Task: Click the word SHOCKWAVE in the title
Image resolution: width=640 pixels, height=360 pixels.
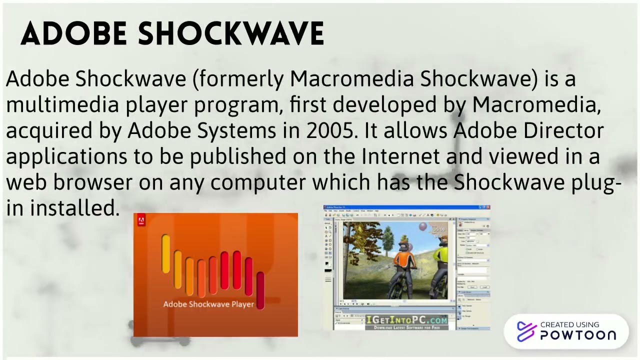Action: pos(231,34)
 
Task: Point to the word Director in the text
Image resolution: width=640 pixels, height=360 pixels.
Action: pos(563,130)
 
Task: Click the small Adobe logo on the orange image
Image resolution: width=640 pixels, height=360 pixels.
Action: pos(140,220)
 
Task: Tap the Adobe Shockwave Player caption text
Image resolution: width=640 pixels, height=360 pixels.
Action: pos(208,304)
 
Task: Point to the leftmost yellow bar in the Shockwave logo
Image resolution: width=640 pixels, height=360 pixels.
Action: pos(165,254)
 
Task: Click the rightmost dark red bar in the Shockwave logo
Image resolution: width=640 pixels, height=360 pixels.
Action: pos(260,288)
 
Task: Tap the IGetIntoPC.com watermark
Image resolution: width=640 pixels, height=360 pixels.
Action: pos(406,320)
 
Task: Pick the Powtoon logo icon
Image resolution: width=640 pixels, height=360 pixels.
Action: pos(526,331)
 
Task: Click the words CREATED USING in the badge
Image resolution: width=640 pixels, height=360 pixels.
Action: pos(569,324)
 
